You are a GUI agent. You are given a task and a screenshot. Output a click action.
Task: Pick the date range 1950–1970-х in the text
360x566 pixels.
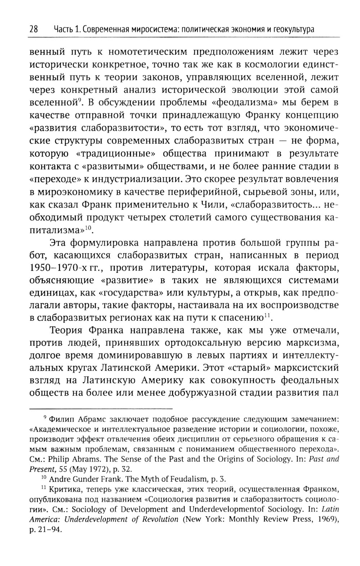(58, 268)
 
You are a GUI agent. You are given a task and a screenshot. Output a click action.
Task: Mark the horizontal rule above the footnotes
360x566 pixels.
(101, 409)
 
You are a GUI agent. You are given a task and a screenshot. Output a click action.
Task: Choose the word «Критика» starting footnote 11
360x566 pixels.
(64, 489)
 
